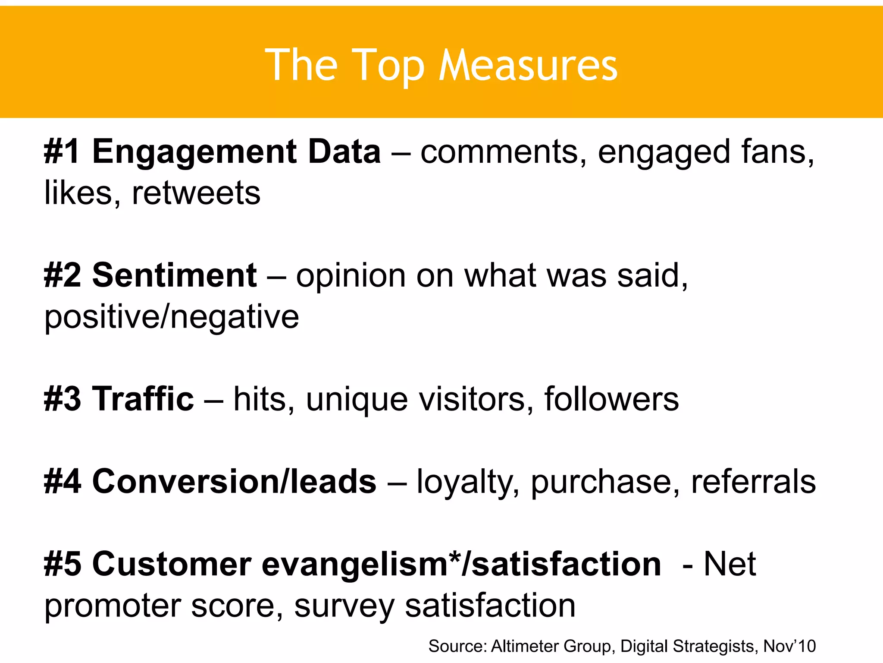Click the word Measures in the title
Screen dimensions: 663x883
528,65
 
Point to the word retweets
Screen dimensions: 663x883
196,193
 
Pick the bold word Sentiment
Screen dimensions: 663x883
175,275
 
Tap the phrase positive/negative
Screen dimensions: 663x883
172,318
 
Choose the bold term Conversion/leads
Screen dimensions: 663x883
234,481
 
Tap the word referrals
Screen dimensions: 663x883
753,481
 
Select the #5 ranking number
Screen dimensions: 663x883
62,564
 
